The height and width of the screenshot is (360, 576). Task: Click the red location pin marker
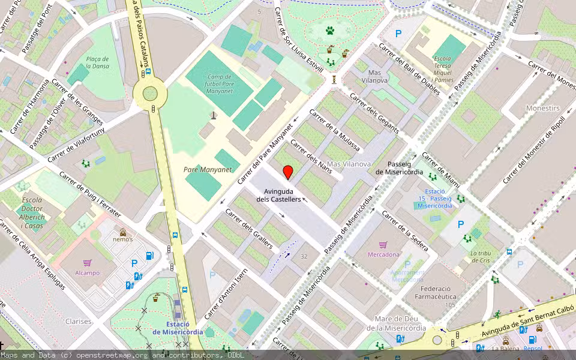tap(288, 172)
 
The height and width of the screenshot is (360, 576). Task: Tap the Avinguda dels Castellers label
tap(278, 195)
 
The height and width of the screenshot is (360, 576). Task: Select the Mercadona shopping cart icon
tap(383, 245)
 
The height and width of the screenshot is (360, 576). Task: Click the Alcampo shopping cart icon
tap(88, 263)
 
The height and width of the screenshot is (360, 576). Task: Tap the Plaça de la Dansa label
tap(97, 63)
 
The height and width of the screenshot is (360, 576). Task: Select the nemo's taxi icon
tap(123, 232)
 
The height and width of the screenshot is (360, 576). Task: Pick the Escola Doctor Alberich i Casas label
tap(32, 212)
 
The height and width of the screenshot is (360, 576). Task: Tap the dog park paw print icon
tap(330, 30)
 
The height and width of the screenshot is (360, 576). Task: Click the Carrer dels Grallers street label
tap(248, 229)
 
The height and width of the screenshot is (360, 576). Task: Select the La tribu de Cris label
tap(481, 257)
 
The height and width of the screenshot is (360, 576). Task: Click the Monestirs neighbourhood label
tap(542, 109)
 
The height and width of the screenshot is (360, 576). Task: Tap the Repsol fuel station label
tap(532, 348)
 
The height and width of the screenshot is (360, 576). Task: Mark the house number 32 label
tap(304, 257)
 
